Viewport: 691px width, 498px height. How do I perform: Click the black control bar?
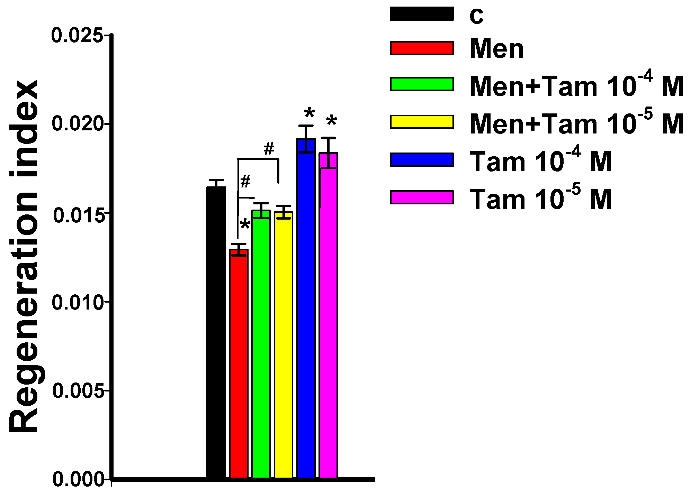216,332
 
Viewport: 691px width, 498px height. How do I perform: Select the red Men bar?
239,363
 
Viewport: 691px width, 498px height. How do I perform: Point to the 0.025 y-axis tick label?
77,35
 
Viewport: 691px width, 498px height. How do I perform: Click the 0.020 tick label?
78,124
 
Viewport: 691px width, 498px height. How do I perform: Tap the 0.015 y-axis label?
78,215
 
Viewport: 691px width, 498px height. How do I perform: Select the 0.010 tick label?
78,302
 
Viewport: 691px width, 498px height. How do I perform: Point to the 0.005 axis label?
78,391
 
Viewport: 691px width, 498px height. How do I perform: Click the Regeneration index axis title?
24,256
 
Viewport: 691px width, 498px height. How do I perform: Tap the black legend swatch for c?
422,14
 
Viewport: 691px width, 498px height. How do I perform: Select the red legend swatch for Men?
422,48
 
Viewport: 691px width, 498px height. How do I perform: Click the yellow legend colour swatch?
422,122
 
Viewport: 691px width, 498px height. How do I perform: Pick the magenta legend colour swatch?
422,197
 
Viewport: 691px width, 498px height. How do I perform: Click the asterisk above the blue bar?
309,113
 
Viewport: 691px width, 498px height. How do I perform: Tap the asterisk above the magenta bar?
331,121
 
